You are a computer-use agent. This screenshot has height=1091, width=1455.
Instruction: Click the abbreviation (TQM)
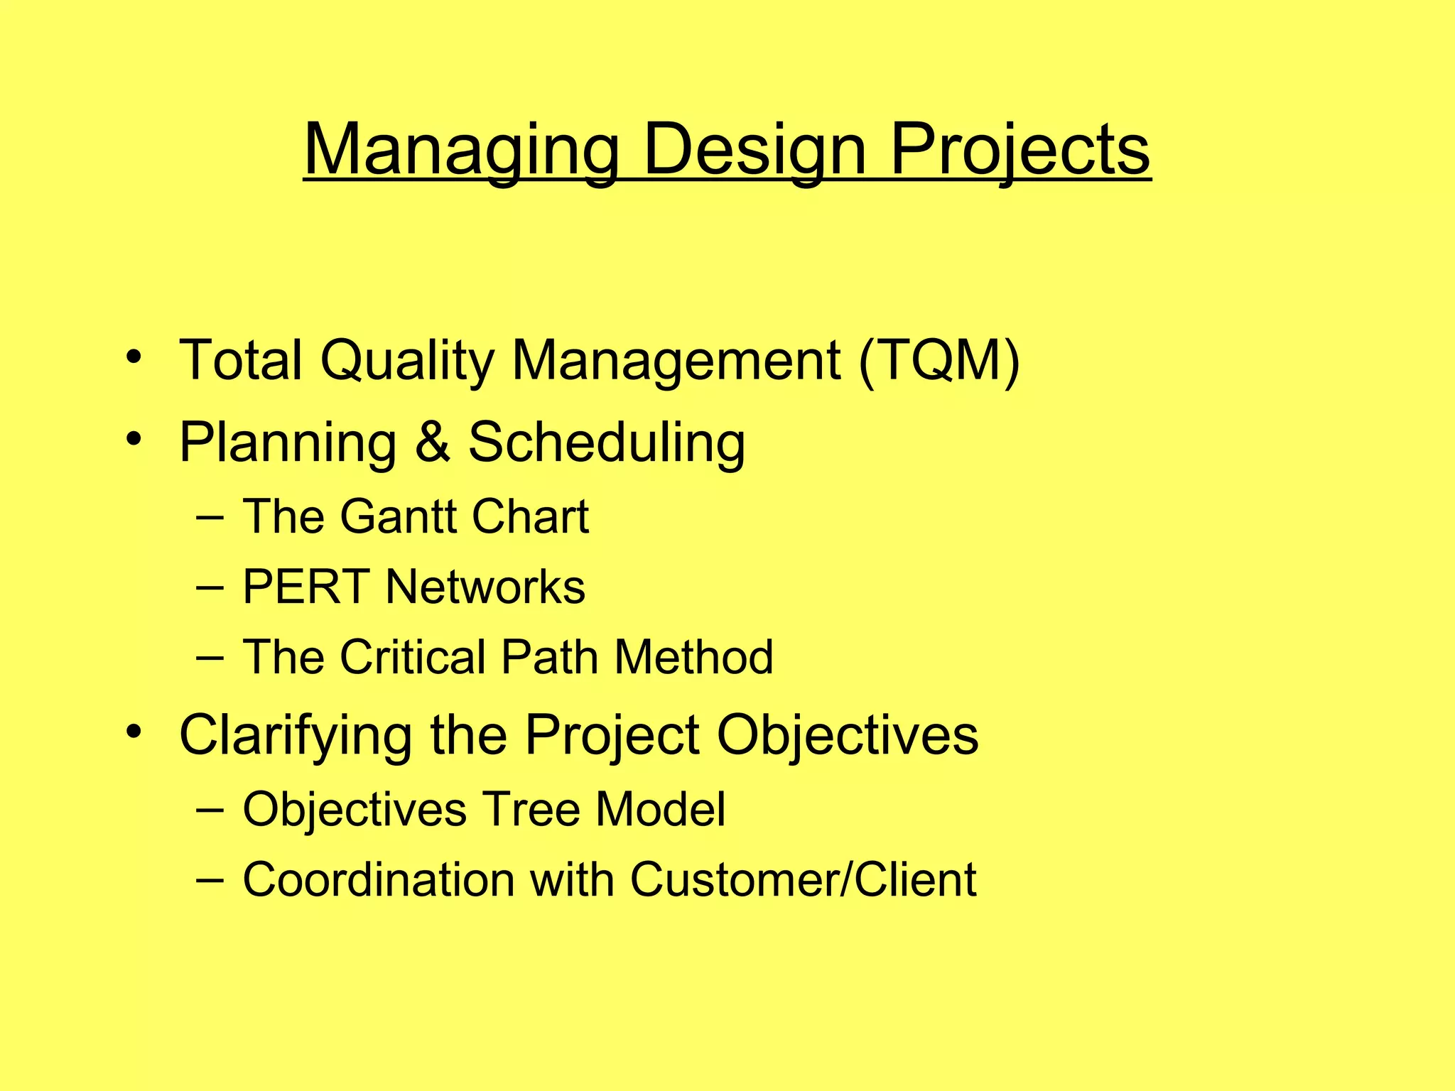939,360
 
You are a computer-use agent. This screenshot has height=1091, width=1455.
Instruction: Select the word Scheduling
607,442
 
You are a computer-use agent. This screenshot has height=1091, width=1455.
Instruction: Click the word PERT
306,587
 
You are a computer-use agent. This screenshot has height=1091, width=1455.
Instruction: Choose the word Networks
485,587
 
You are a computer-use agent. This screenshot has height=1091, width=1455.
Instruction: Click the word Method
693,656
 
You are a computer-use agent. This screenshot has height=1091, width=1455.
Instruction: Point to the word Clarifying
296,734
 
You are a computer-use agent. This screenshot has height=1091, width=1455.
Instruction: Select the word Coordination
379,879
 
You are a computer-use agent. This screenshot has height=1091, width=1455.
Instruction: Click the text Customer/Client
803,879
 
